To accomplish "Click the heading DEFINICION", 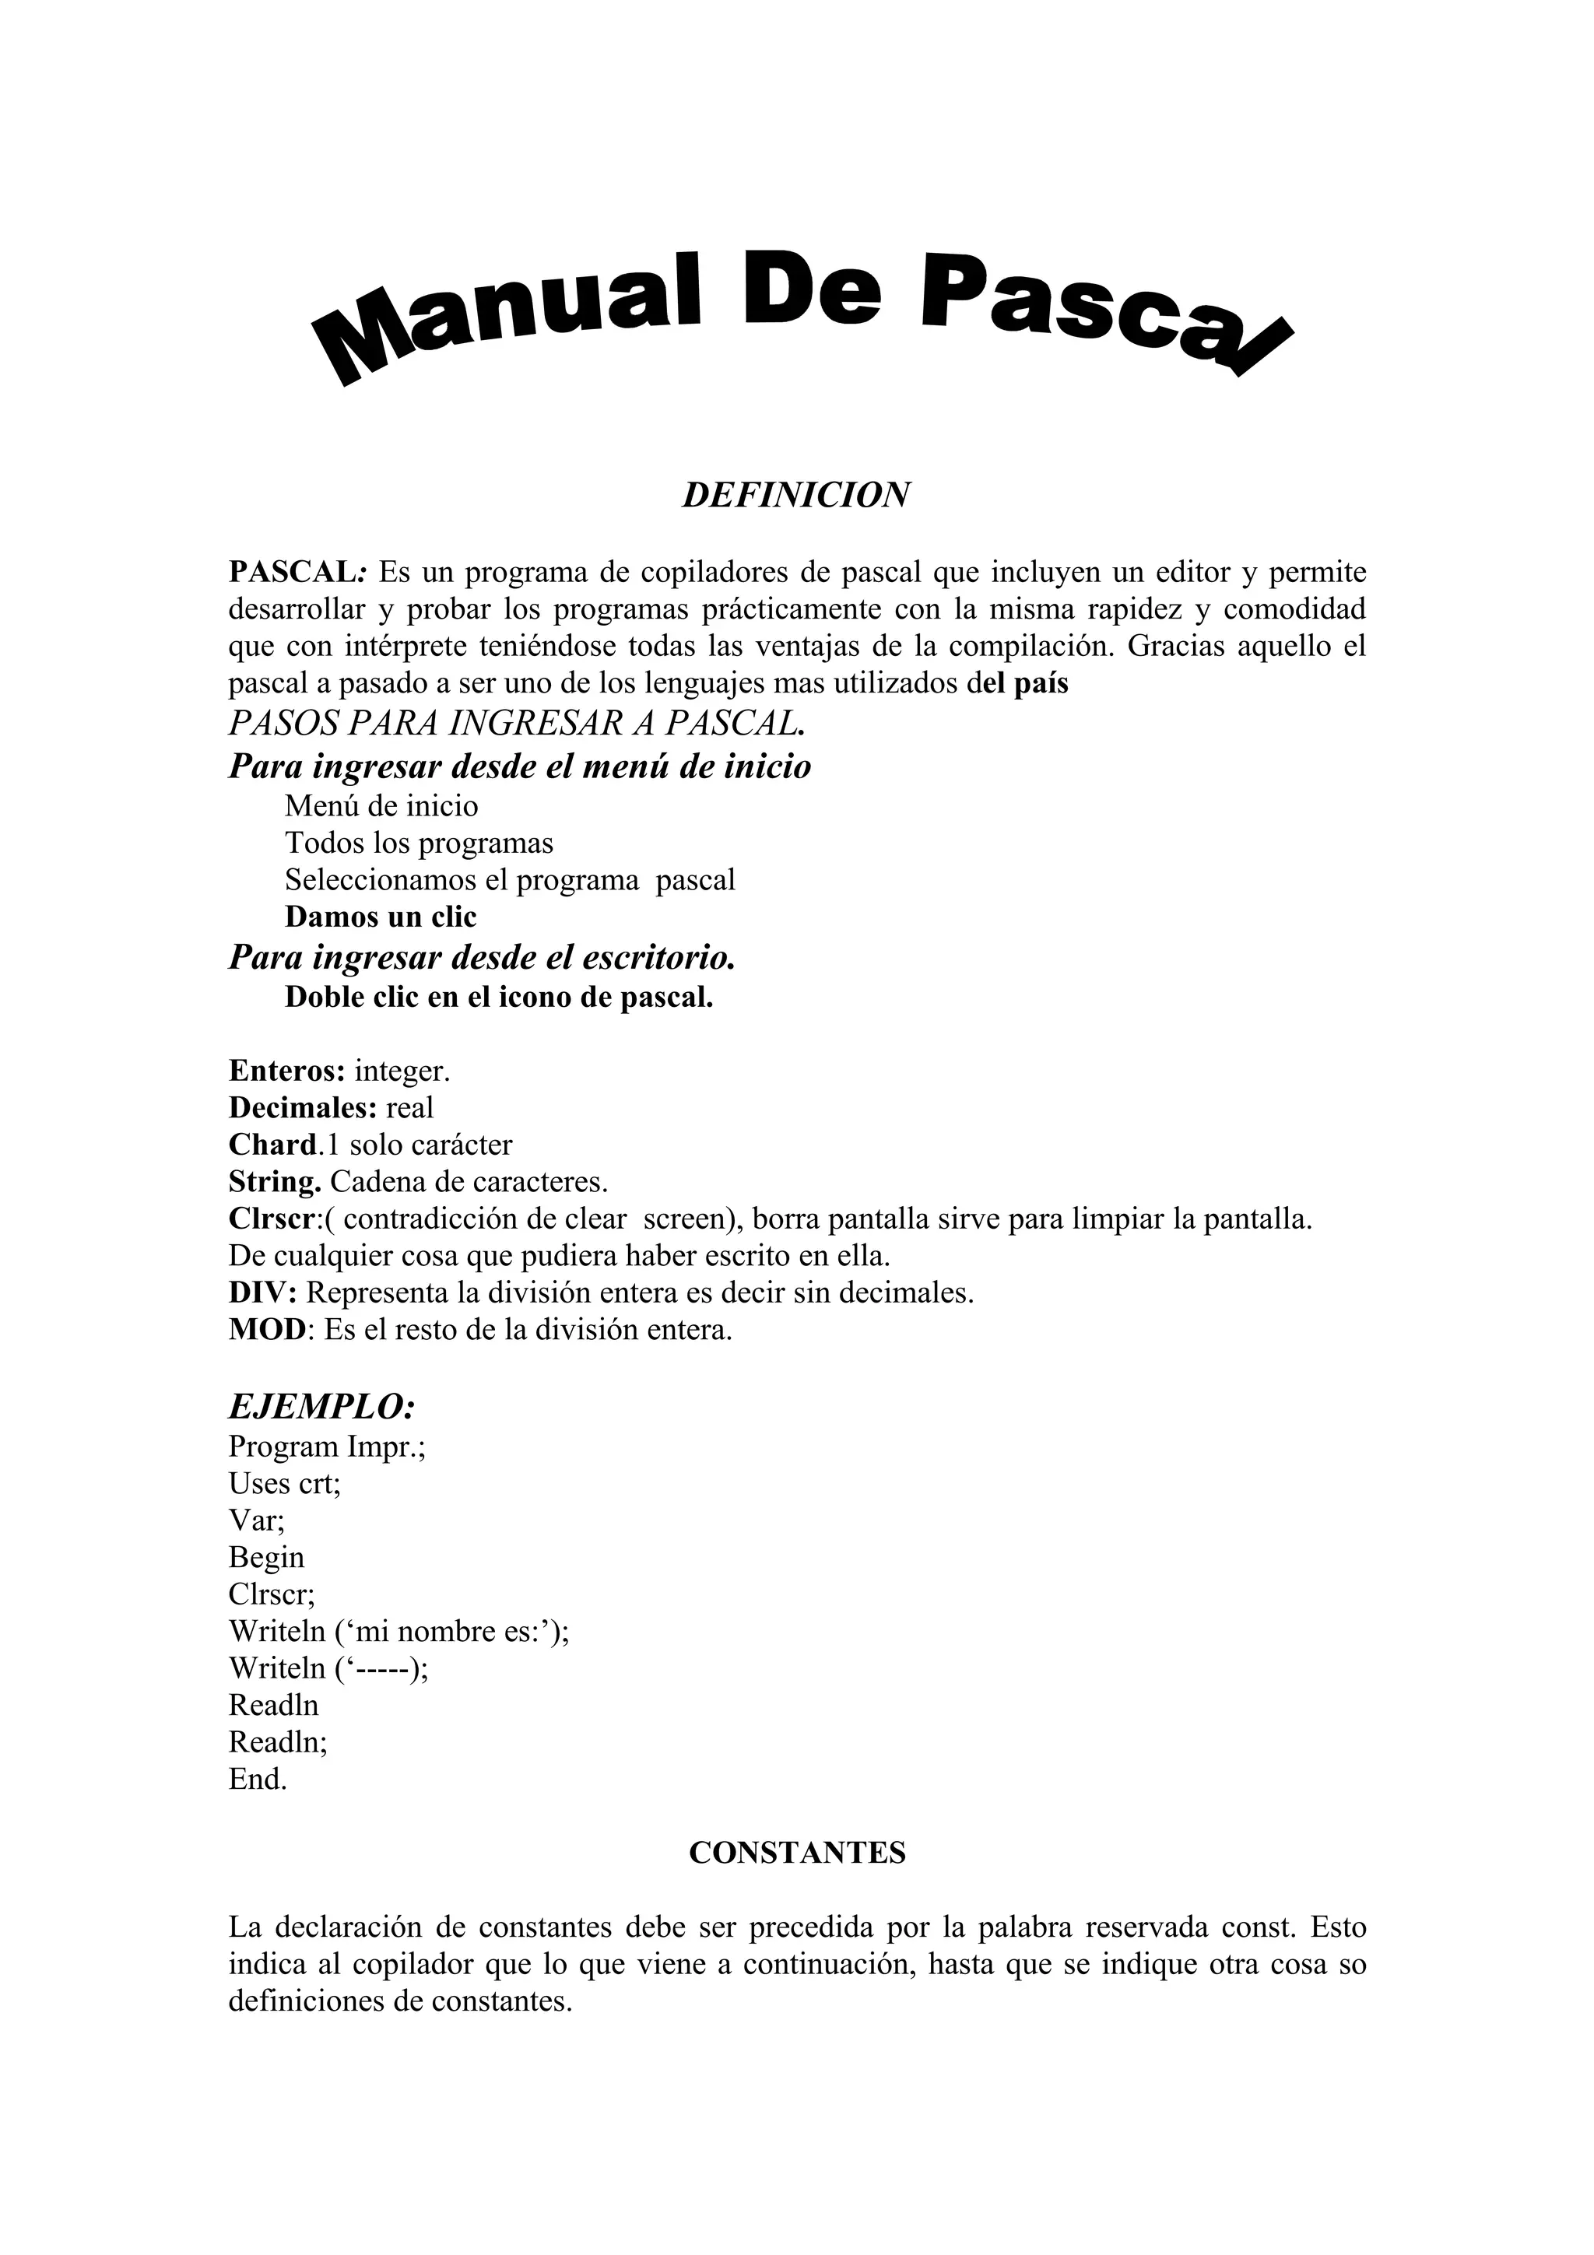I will pos(795,495).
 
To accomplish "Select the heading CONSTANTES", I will pos(796,1852).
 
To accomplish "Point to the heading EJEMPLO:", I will pos(322,1406).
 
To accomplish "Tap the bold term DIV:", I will pos(262,1292).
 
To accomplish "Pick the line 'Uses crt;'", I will pos(285,1483).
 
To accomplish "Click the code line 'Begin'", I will pos(266,1558).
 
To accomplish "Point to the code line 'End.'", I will pos(258,1779).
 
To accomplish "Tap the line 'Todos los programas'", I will pos(420,843).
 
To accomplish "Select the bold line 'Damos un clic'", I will pos(380,917).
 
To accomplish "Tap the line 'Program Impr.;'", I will pos(327,1447).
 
